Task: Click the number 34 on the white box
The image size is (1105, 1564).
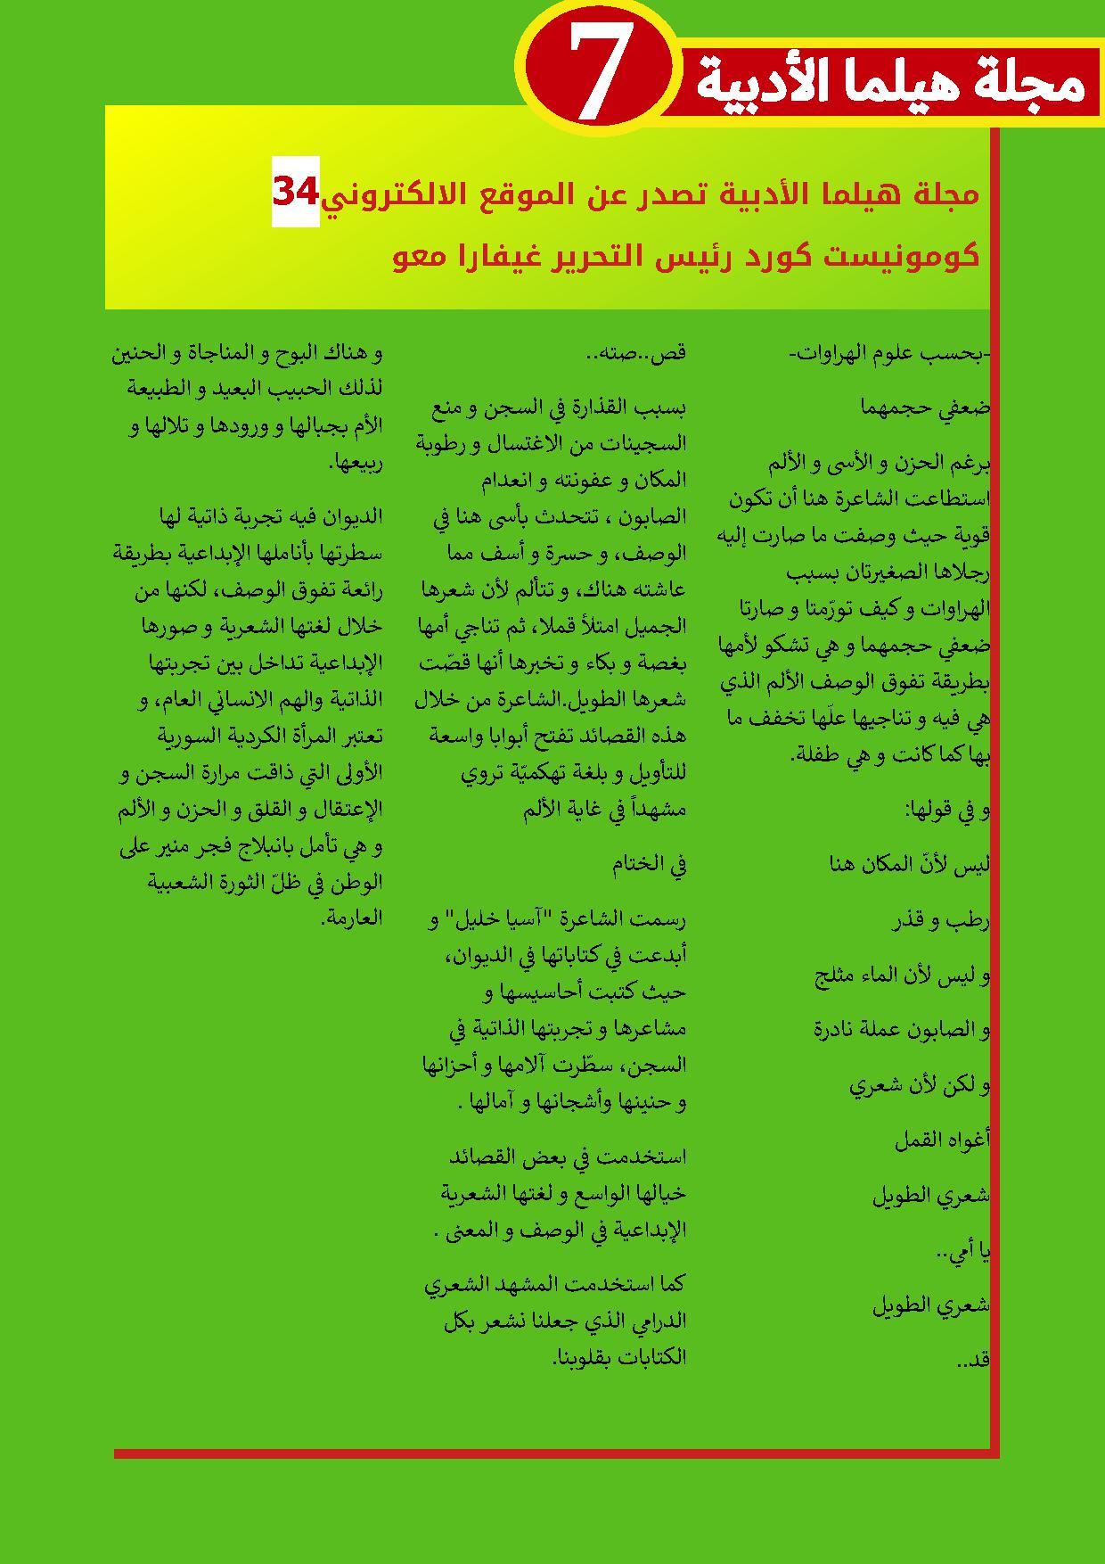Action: click(296, 192)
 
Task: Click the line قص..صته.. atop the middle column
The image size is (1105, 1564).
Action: click(636, 353)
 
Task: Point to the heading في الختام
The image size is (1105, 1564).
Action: click(648, 863)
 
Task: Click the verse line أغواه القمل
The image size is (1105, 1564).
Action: click(942, 1140)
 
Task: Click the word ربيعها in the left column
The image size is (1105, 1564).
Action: click(356, 463)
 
